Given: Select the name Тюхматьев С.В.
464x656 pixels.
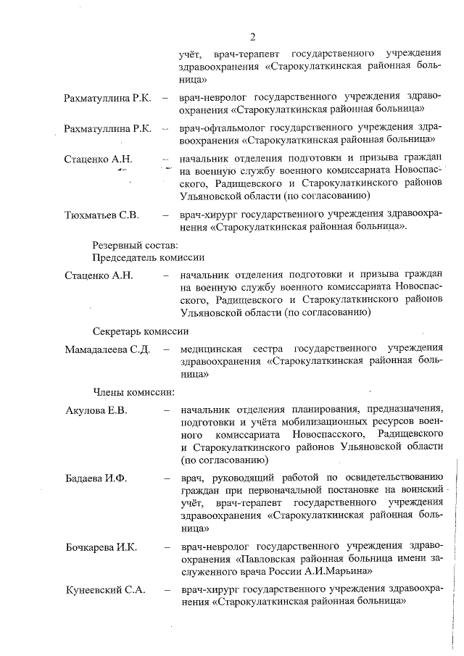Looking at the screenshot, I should click(x=102, y=215).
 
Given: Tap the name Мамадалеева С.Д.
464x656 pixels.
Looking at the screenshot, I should click(x=107, y=350).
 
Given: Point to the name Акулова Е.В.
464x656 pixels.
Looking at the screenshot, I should click(x=96, y=411).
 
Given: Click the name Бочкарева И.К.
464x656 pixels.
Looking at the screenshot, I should click(x=101, y=547).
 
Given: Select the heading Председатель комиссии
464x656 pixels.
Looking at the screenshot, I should click(x=148, y=257).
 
